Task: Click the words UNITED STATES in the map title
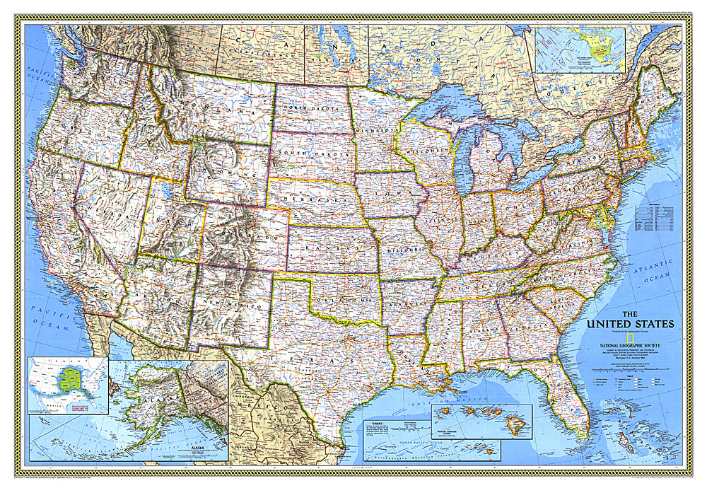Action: pos(629,325)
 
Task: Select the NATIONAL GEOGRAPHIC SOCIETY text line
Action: pos(631,346)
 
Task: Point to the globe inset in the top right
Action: pos(580,50)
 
